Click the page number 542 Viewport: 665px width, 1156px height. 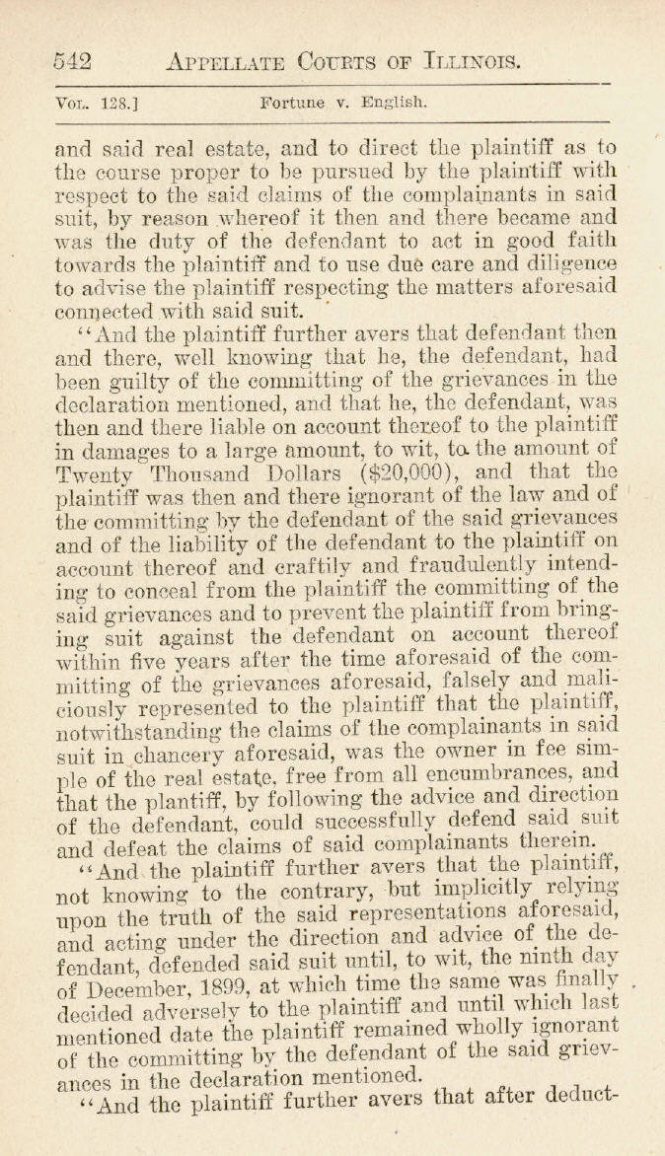click(72, 62)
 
